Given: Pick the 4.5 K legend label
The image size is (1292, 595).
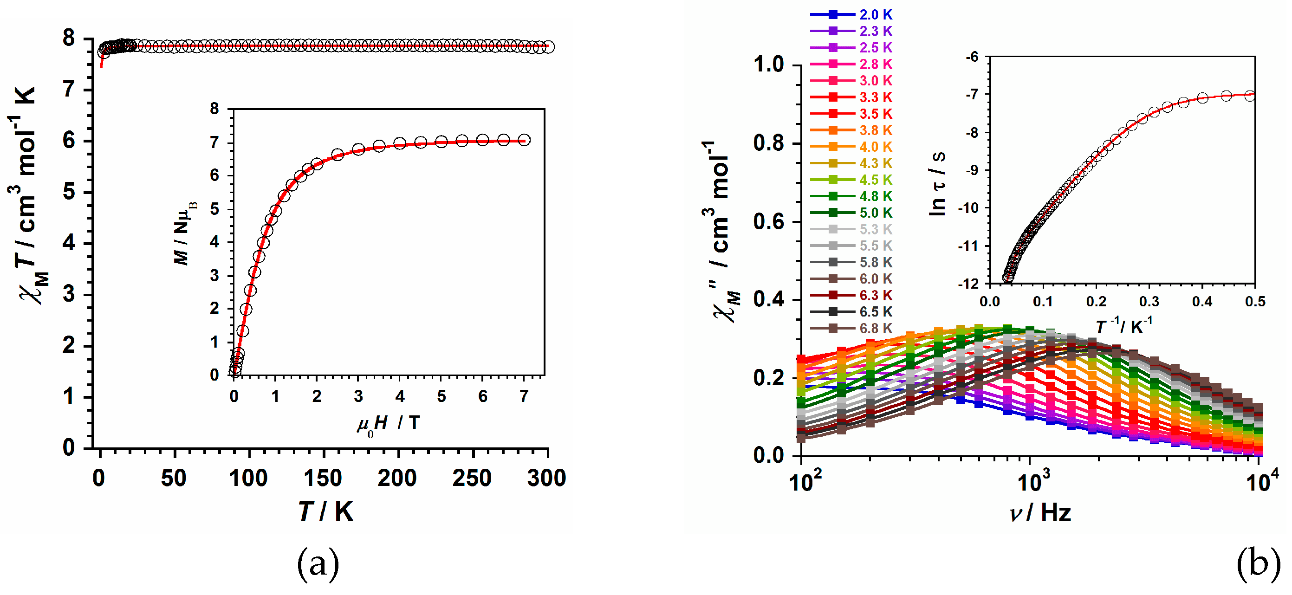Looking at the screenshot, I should click(x=875, y=180).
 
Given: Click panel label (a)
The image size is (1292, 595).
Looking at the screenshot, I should click(x=318, y=563).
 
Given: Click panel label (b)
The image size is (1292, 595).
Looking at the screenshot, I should click(x=1258, y=563).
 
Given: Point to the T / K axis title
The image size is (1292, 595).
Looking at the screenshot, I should click(x=326, y=512).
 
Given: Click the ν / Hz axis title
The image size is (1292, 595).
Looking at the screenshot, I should click(x=1040, y=513).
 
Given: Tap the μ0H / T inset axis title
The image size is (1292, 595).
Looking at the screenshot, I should click(x=388, y=424).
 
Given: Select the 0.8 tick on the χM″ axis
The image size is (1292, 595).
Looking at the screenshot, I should click(x=768, y=143).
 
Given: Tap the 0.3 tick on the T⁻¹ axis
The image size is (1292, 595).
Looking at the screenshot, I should click(x=1149, y=302).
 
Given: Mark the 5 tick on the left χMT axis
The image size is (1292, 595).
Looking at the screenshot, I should click(x=69, y=193).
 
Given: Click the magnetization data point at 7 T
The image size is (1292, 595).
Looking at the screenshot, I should click(x=524, y=140).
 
